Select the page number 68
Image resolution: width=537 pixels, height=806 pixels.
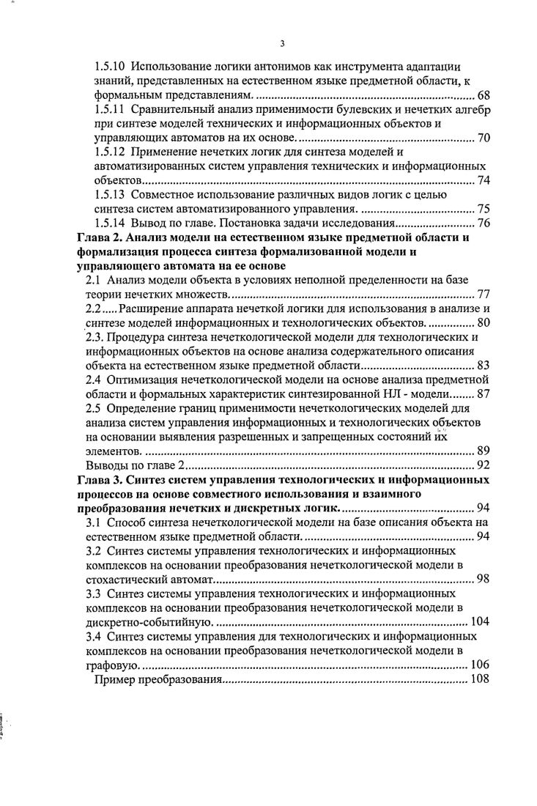pos(484,96)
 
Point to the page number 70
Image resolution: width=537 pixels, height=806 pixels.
pos(484,138)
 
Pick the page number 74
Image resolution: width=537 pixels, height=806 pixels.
pos(484,180)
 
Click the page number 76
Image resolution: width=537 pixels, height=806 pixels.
pos(484,223)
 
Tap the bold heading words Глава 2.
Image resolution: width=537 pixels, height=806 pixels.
pos(100,237)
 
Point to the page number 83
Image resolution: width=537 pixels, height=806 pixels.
pos(484,365)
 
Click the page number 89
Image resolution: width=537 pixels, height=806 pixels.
pos(484,451)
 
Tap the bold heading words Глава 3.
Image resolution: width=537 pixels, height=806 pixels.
pos(100,479)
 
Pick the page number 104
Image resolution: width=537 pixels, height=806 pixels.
pos(480,621)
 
